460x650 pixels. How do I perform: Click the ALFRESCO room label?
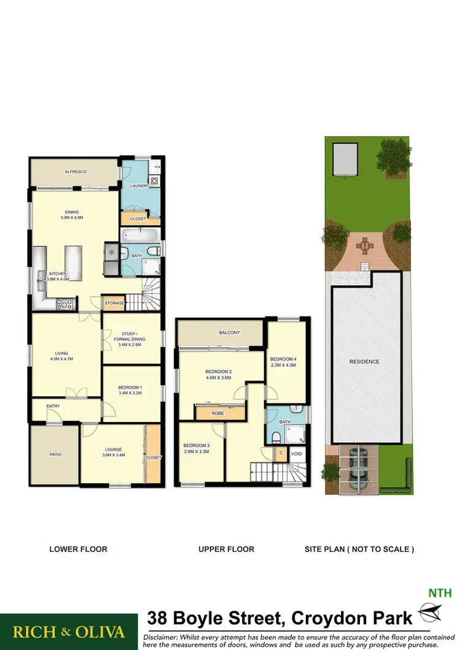74,172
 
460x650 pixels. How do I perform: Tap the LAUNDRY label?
139,185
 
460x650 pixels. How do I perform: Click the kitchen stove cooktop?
65,302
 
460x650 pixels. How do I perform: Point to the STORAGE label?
114,303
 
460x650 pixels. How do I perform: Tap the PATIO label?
55,454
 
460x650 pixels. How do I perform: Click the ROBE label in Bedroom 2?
218,413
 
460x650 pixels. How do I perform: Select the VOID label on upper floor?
297,454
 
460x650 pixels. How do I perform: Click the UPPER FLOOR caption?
226,549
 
